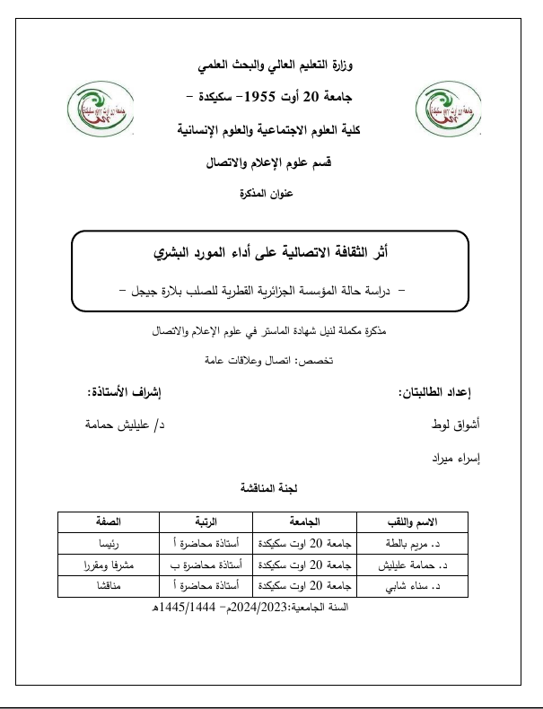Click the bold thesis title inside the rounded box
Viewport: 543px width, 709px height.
click(x=271, y=252)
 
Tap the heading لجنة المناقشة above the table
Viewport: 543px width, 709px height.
click(x=272, y=489)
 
